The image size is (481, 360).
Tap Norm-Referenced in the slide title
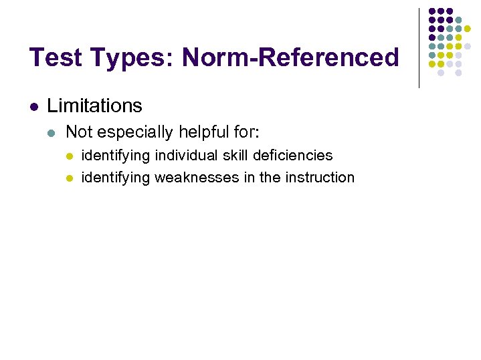point(290,57)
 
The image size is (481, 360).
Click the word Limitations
point(94,106)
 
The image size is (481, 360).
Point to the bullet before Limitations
point(34,106)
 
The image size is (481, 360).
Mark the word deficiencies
point(293,156)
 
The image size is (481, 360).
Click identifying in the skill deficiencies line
point(116,156)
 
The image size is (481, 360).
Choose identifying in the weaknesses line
point(116,178)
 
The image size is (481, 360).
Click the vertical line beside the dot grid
point(419,47)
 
